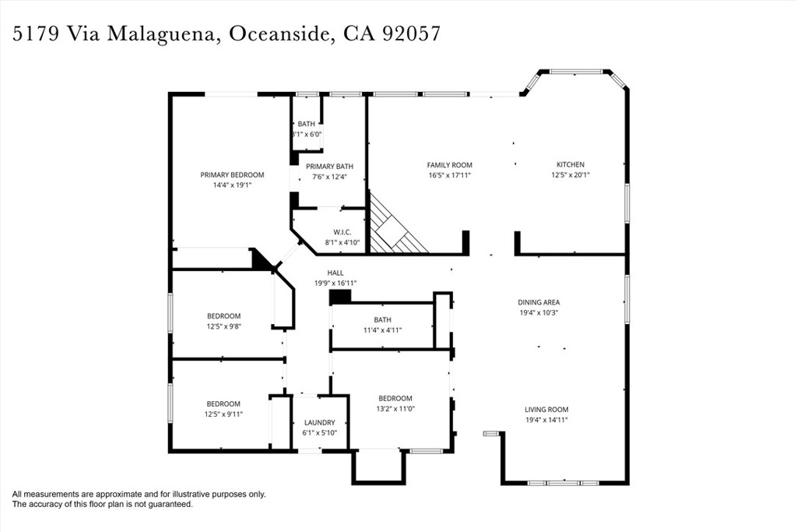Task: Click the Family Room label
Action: pos(449,165)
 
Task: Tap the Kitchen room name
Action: pos(571,164)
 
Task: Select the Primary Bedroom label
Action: pos(232,175)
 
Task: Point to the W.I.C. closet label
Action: pos(342,232)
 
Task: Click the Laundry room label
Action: pos(320,423)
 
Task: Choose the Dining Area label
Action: pos(539,302)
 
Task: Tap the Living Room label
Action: pos(546,410)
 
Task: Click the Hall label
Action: pos(335,273)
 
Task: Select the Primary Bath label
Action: pos(329,167)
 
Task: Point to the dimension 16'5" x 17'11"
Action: pos(450,175)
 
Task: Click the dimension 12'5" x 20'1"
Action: pos(571,175)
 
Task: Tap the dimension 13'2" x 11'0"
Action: pos(395,408)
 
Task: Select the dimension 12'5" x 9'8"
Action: pos(223,326)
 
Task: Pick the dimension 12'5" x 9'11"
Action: pos(223,414)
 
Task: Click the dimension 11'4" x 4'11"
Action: pos(383,330)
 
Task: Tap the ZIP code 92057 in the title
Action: pos(411,33)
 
